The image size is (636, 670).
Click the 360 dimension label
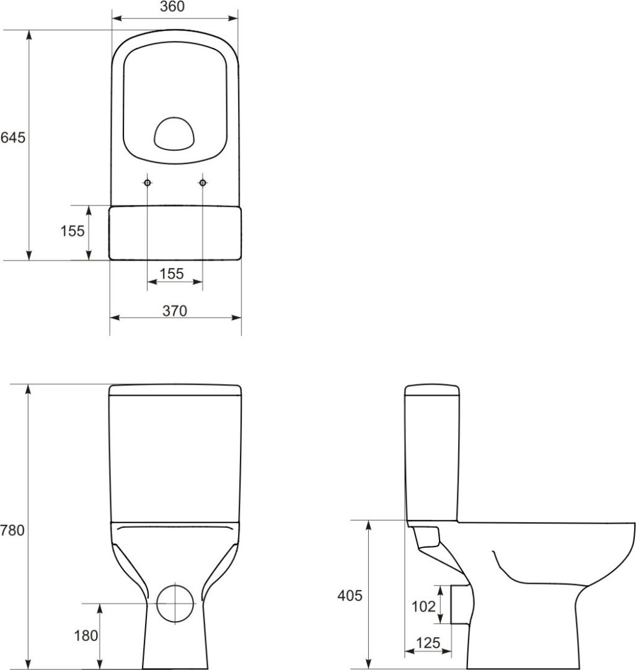point(172,7)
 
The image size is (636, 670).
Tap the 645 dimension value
point(13,138)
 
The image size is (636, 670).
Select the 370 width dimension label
point(175,311)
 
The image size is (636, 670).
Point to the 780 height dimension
point(12,530)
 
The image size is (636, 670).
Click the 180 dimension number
point(86,635)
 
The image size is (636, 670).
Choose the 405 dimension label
point(350,595)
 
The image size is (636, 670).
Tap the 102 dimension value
point(423,606)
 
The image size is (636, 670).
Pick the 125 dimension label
point(428,643)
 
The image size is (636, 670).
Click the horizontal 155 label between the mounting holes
point(172,274)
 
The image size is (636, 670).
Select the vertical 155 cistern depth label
point(72,231)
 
